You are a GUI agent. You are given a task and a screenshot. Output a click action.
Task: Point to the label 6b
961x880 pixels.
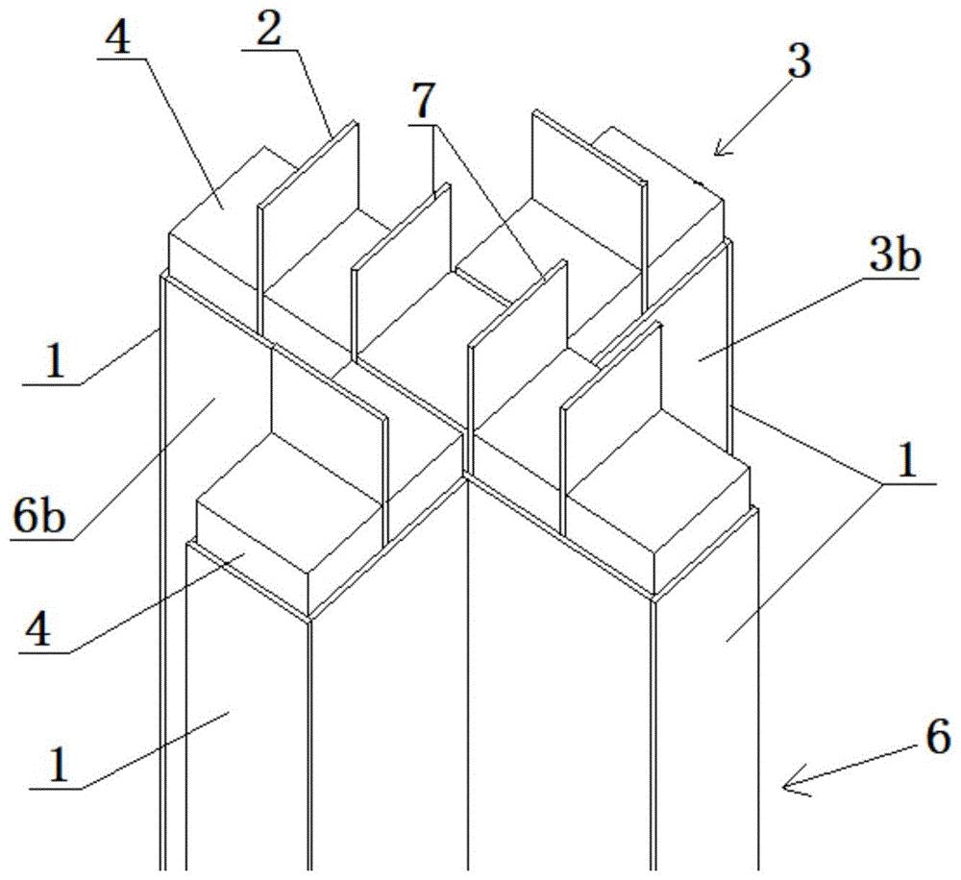click(37, 518)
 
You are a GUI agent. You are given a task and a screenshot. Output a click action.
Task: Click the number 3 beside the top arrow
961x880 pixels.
click(800, 61)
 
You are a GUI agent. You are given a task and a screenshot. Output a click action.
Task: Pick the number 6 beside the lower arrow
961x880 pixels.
click(938, 736)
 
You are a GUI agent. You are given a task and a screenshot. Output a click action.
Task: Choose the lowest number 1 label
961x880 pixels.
click(59, 766)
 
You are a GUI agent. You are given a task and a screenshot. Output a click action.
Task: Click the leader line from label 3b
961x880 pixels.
click(780, 318)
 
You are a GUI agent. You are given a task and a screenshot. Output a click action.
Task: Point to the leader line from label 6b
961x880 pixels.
click(143, 469)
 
